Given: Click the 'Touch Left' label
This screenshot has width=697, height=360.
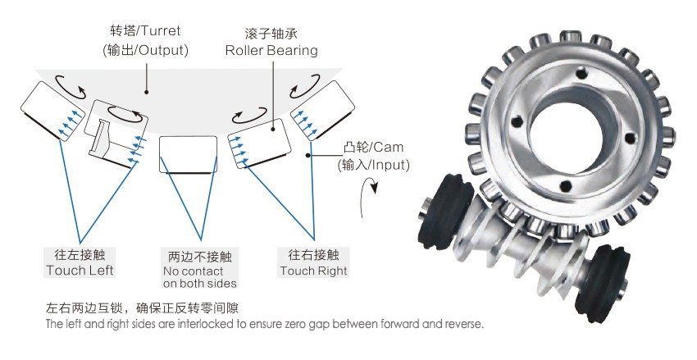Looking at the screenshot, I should point(80,270).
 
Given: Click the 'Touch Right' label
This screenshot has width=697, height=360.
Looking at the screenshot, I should point(313,270).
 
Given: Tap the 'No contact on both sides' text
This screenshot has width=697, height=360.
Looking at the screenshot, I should point(199,277).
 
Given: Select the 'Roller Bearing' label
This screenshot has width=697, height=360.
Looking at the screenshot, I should point(272,50).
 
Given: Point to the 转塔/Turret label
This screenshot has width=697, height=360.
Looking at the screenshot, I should point(145,31).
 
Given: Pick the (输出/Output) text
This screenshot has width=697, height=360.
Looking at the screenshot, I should point(146,50).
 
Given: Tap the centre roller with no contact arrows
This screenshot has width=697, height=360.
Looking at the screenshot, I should point(187,153).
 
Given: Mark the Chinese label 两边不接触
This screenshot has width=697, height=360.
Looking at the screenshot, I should point(198,255).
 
